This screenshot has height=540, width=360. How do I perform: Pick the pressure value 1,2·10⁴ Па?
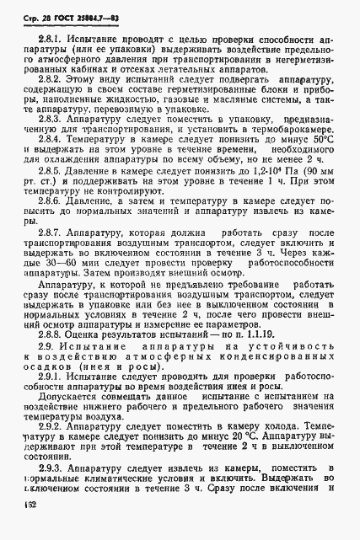247,194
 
